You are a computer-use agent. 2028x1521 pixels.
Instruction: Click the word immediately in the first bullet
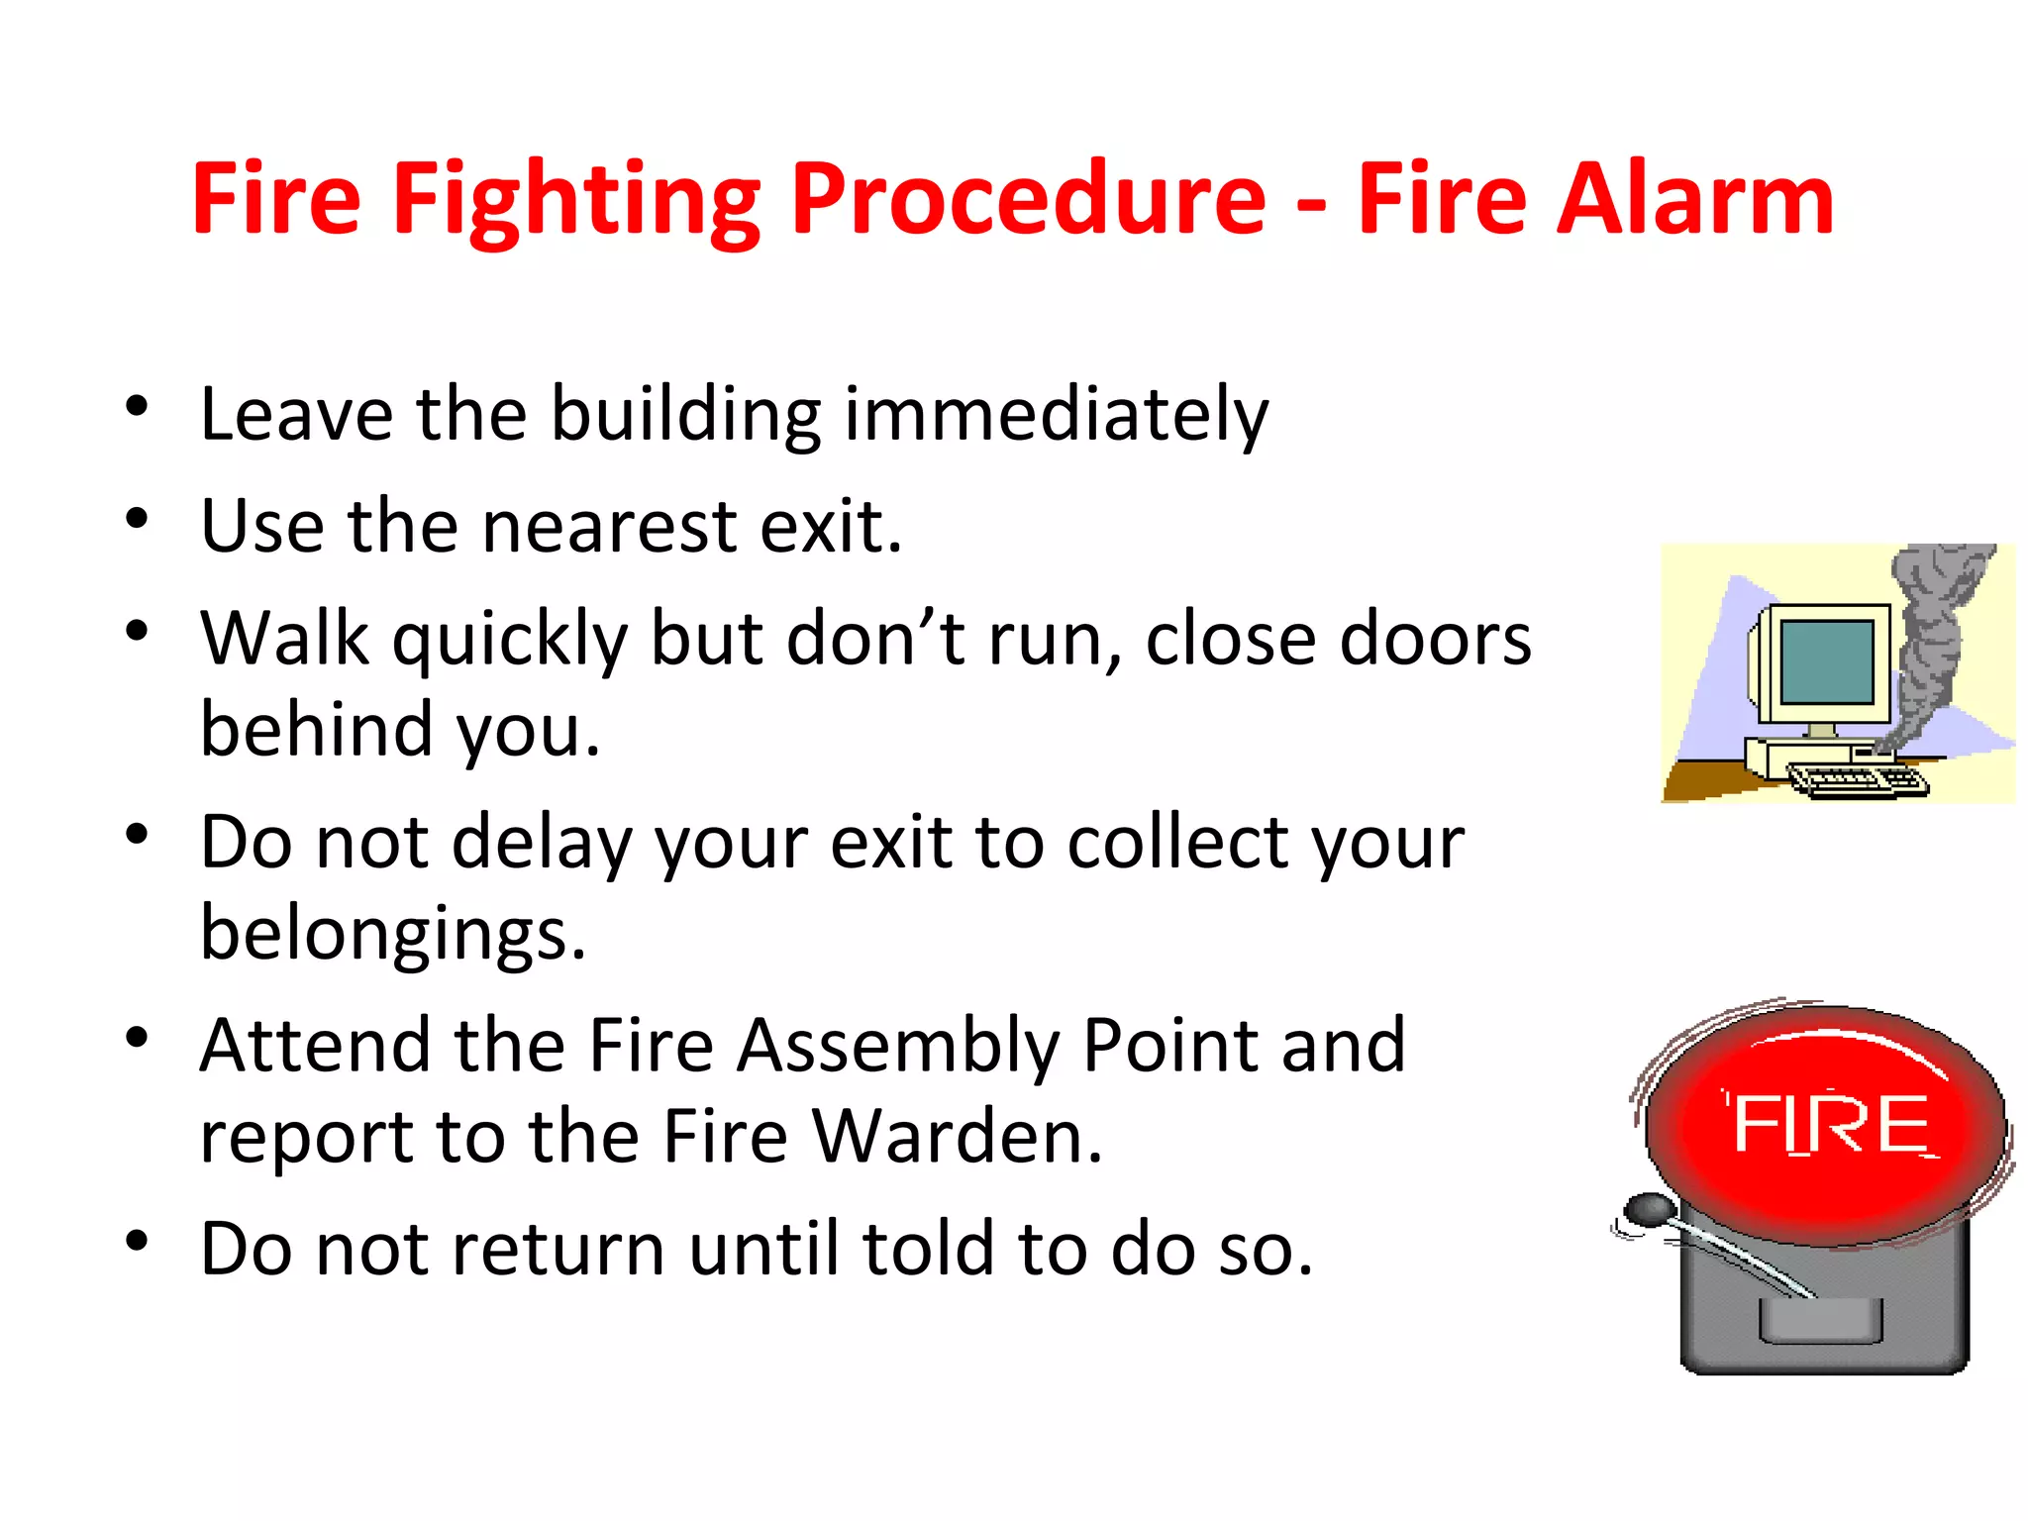coord(1056,414)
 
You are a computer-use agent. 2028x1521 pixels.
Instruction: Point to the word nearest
coord(608,527)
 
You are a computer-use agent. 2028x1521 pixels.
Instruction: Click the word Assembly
coord(898,1048)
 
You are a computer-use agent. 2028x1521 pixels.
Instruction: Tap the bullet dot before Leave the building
coord(137,405)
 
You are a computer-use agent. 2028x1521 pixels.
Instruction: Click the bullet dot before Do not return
coord(137,1241)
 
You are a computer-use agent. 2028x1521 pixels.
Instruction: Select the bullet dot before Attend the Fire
coord(137,1038)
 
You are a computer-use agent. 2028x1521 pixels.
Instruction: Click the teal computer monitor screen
coord(1827,661)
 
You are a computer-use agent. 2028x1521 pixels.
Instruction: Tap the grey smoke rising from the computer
coord(1931,634)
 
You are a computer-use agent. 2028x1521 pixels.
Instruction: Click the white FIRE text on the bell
coord(1832,1125)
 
